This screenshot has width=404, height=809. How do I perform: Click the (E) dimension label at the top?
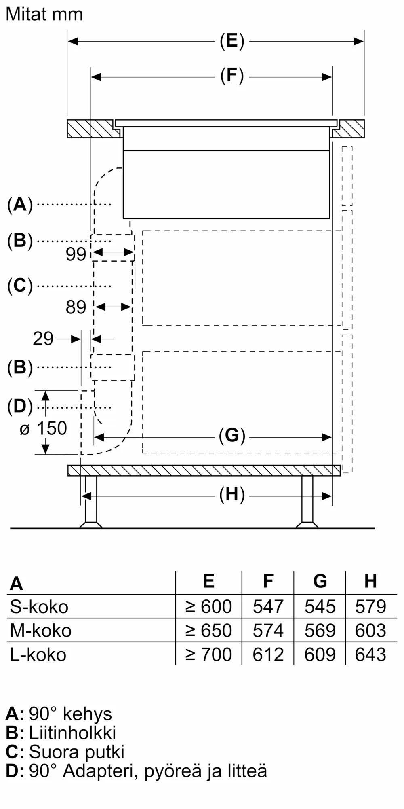pyautogui.click(x=232, y=41)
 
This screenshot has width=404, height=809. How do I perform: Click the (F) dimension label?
pyautogui.click(x=232, y=76)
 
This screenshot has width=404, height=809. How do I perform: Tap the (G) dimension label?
pyautogui.click(x=232, y=436)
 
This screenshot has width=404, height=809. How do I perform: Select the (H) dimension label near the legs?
pyautogui.click(x=232, y=495)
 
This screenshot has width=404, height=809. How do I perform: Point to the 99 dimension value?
pyautogui.click(x=76, y=254)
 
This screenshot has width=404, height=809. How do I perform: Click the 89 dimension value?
pyautogui.click(x=76, y=307)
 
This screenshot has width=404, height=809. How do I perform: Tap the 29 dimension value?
pyautogui.click(x=43, y=339)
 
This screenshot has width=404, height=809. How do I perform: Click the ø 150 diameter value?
pyautogui.click(x=44, y=429)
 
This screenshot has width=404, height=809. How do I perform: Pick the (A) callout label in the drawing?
pyautogui.click(x=20, y=204)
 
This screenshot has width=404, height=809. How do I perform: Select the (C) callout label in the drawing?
pyautogui.click(x=20, y=286)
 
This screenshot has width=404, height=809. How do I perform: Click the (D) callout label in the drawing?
pyautogui.click(x=20, y=407)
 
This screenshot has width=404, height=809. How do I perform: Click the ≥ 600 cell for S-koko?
pyautogui.click(x=208, y=607)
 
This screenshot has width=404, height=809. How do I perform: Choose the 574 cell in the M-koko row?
pyautogui.click(x=268, y=631)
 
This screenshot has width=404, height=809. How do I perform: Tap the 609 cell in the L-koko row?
pyautogui.click(x=320, y=654)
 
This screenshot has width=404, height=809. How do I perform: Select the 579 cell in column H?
pyautogui.click(x=370, y=607)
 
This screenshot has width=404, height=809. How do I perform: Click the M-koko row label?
pyautogui.click(x=40, y=631)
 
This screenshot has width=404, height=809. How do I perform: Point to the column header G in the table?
pyautogui.click(x=320, y=581)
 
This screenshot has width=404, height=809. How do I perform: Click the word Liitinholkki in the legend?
pyautogui.click(x=72, y=733)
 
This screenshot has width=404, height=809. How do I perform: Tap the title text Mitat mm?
pyautogui.click(x=44, y=15)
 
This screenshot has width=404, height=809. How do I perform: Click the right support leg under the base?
pyautogui.click(x=307, y=502)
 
